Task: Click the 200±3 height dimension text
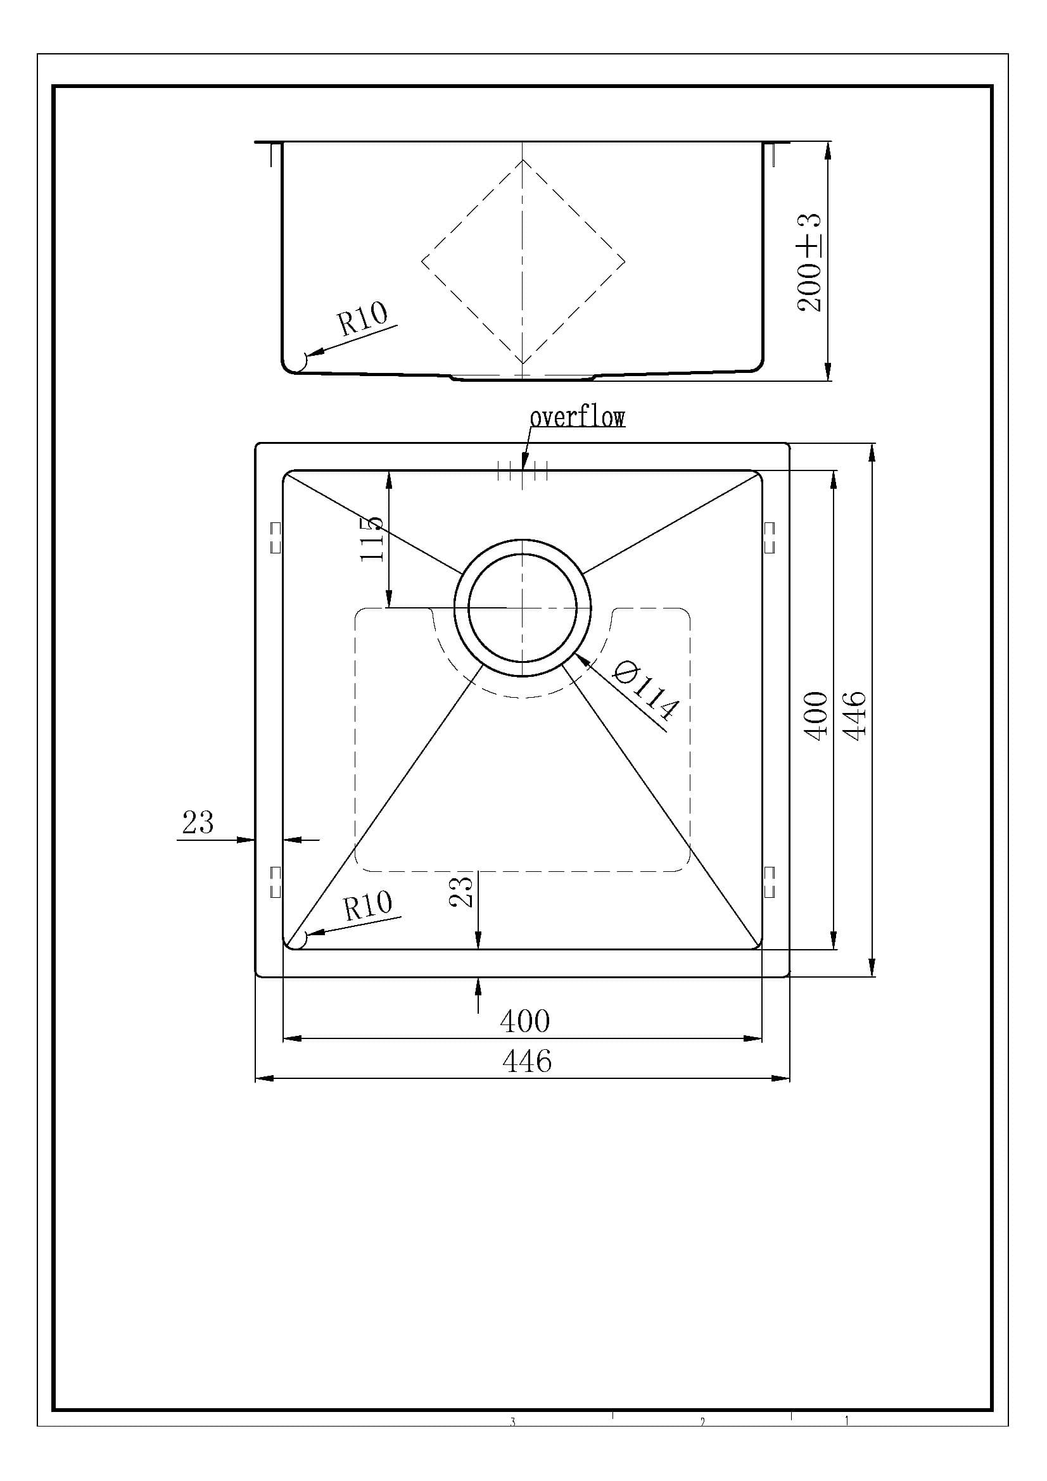809,263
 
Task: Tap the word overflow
577,417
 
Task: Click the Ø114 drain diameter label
645,691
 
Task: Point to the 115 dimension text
372,539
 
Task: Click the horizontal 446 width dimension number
526,1061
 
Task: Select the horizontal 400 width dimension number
524,1021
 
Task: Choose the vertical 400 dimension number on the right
816,715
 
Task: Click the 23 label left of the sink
198,822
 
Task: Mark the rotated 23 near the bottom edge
462,890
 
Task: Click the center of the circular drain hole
522,607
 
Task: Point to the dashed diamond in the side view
523,262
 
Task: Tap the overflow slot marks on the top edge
523,471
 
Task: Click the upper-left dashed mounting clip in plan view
276,538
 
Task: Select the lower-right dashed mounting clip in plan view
769,882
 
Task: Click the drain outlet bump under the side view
523,377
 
